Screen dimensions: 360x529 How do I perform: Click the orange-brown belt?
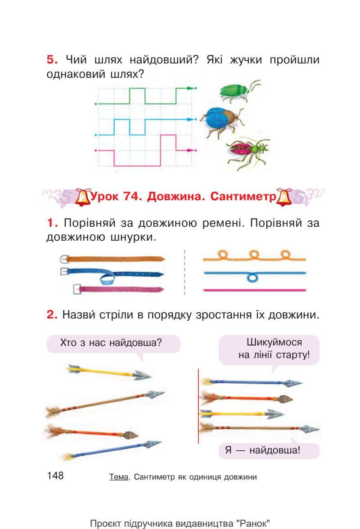(x=112, y=259)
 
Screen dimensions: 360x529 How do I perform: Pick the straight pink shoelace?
(x=255, y=290)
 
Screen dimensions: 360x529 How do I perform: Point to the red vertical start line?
(x=198, y=405)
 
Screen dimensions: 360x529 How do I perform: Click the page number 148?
(x=55, y=475)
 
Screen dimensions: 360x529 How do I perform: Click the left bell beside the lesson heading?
(x=82, y=198)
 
